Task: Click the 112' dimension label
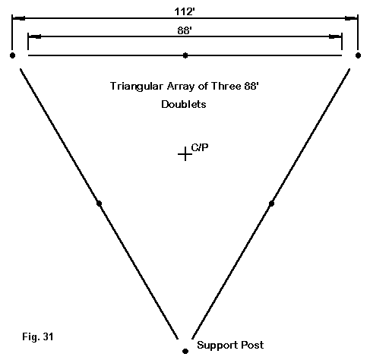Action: coord(185,11)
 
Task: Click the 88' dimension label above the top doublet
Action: coord(185,30)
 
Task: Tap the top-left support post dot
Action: coord(12,55)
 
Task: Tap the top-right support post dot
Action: coord(358,55)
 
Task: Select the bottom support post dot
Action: coord(185,351)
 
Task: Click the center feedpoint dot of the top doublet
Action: coord(185,55)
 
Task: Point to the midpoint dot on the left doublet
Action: coord(99,204)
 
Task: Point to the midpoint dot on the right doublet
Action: coord(271,204)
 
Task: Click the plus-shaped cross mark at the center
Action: coord(185,154)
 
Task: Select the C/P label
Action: coord(200,147)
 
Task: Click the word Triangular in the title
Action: coord(137,87)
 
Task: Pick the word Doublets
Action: coord(184,104)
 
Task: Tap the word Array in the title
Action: coord(181,87)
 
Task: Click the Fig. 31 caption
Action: coord(38,336)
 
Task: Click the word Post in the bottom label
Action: coord(252,345)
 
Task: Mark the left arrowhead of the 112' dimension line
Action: coord(19,18)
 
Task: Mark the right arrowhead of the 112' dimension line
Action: coord(351,18)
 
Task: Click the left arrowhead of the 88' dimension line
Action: coord(35,36)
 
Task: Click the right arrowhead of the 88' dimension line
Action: coord(335,36)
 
